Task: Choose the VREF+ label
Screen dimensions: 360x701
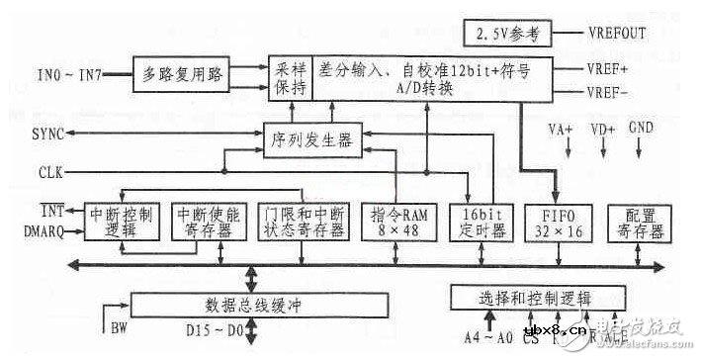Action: tap(606, 71)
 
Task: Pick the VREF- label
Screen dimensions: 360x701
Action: tap(606, 93)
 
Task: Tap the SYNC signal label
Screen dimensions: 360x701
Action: tap(46, 134)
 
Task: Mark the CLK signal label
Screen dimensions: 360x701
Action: tap(47, 170)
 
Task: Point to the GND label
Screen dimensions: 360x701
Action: tap(640, 128)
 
